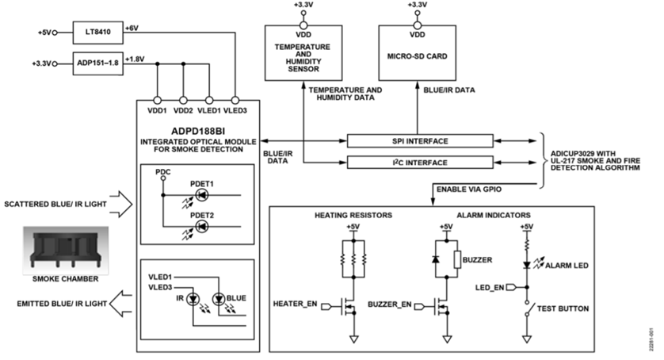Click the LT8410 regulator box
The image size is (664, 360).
pyautogui.click(x=97, y=33)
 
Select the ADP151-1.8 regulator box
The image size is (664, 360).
pyautogui.click(x=97, y=63)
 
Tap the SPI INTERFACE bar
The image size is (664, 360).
pyautogui.click(x=420, y=141)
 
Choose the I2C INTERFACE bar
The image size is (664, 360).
pyautogui.click(x=420, y=163)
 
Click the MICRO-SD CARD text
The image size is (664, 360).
pyautogui.click(x=417, y=56)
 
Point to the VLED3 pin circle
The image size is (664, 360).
pyautogui.click(x=235, y=101)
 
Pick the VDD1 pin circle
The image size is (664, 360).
pyautogui.click(x=157, y=101)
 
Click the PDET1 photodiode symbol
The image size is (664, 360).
pyautogui.click(x=202, y=195)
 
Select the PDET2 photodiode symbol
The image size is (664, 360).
pyautogui.click(x=202, y=227)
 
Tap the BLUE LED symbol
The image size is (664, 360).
pyautogui.click(x=219, y=300)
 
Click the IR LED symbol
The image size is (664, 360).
pyautogui.click(x=193, y=300)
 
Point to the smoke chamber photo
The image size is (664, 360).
pyautogui.click(x=66, y=251)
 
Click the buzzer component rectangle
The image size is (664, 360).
pyautogui.click(x=457, y=259)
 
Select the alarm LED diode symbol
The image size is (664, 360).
pyautogui.click(x=527, y=266)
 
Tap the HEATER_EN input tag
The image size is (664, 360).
pyautogui.click(x=327, y=306)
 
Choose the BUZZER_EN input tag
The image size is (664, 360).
pyautogui.click(x=420, y=306)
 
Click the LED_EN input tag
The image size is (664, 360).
pyautogui.click(x=511, y=288)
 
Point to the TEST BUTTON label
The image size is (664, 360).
pyautogui.click(x=563, y=308)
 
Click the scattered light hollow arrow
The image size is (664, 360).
pyautogui.click(x=121, y=205)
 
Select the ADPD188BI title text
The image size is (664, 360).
pyautogui.click(x=198, y=132)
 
